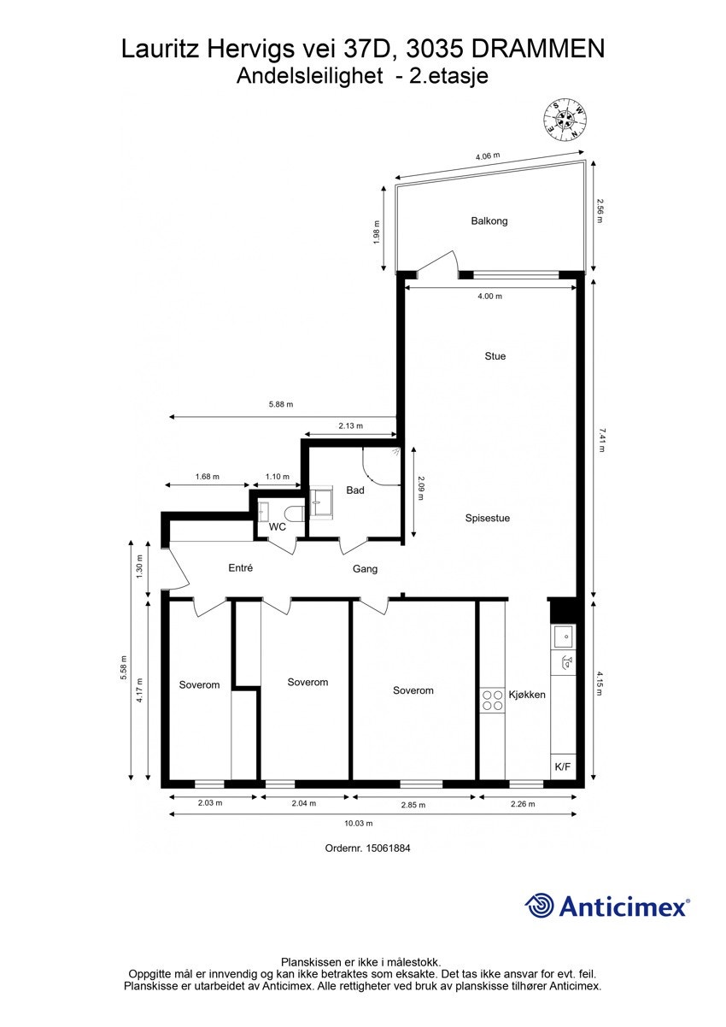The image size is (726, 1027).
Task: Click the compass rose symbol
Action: [565, 120]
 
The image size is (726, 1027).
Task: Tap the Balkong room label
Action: [489, 221]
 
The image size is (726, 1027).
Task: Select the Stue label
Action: [495, 356]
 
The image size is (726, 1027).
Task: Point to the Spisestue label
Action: [488, 518]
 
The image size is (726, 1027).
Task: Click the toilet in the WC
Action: [293, 512]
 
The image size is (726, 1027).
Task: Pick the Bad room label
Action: [355, 490]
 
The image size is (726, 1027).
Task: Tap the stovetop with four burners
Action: [492, 701]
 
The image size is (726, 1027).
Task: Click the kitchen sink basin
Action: [563, 637]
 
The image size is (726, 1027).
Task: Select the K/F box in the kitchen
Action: [563, 766]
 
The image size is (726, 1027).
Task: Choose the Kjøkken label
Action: [527, 695]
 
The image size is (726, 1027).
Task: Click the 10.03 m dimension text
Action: [359, 824]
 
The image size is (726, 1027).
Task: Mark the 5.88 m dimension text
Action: [279, 405]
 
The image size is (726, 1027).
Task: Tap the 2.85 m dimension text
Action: [413, 803]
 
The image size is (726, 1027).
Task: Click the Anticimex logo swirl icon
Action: [540, 906]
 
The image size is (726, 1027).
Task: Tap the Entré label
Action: [241, 568]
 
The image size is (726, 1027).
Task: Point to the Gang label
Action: [365, 569]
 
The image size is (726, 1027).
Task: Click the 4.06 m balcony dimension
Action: [487, 157]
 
